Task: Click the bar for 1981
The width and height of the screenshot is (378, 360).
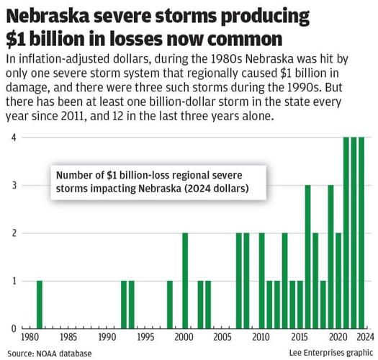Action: click(x=40, y=305)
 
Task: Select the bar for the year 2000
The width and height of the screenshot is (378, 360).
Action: click(x=185, y=281)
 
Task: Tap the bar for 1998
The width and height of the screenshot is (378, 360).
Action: click(x=170, y=305)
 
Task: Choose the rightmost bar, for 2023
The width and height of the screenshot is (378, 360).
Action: click(x=361, y=233)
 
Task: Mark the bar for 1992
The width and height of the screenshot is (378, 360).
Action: click(x=124, y=305)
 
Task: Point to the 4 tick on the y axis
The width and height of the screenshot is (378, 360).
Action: click(x=13, y=138)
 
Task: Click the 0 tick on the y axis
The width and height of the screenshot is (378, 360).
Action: click(x=13, y=328)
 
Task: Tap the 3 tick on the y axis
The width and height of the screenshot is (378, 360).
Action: click(x=13, y=185)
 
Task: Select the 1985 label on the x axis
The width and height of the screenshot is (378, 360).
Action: click(x=68, y=337)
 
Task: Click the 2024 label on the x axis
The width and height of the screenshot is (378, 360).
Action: click(x=365, y=337)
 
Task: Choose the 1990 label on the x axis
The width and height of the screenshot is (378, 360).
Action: click(x=107, y=337)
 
